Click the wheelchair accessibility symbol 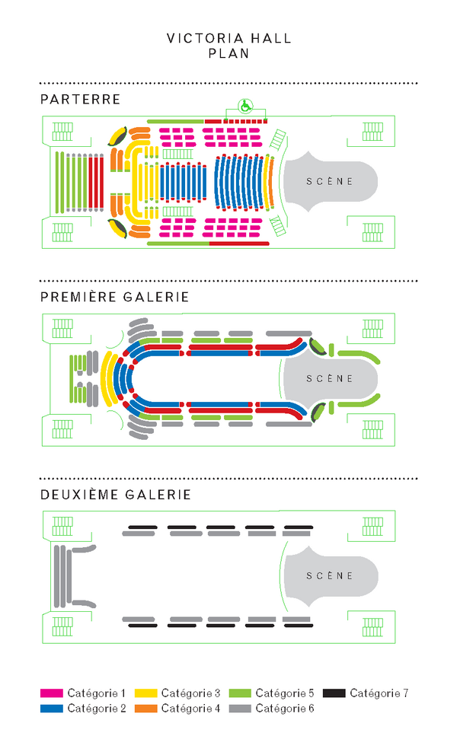pyautogui.click(x=246, y=106)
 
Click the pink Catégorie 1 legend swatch pyautogui.click(x=52, y=693)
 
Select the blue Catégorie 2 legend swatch pyautogui.click(x=52, y=709)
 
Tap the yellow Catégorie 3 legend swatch pyautogui.click(x=146, y=693)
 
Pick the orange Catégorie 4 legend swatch pyautogui.click(x=146, y=709)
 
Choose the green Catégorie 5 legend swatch pyautogui.click(x=240, y=693)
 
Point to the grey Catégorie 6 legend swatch pyautogui.click(x=240, y=709)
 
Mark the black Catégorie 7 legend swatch pyautogui.click(x=334, y=693)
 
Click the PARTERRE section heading pyautogui.click(x=81, y=99)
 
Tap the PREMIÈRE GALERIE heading pyautogui.click(x=115, y=297)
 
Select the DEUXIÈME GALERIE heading pyautogui.click(x=116, y=495)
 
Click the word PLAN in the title pyautogui.click(x=229, y=53)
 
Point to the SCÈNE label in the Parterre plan pyautogui.click(x=330, y=182)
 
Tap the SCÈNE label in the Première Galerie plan pyautogui.click(x=330, y=379)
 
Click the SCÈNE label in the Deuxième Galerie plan pyautogui.click(x=330, y=576)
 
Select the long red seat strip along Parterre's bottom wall pyautogui.click(x=239, y=244)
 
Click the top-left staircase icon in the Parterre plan pyautogui.click(x=62, y=131)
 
